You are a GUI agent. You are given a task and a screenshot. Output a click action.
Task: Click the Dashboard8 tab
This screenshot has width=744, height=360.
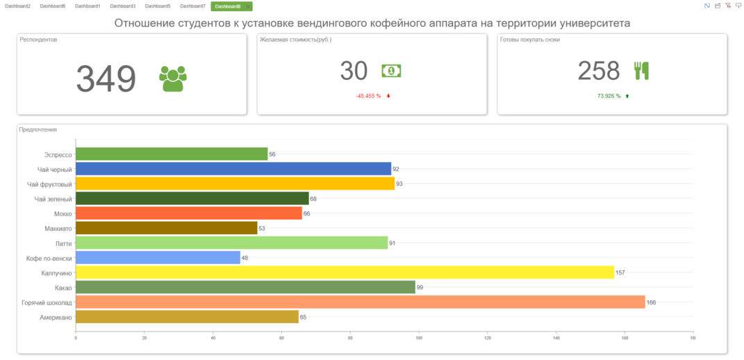(228, 6)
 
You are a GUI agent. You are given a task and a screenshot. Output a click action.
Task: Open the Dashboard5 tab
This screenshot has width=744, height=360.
(158, 6)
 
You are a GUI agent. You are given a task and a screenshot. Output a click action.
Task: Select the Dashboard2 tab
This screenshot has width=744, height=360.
(17, 6)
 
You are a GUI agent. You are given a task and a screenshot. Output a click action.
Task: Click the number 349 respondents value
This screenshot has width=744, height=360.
(106, 79)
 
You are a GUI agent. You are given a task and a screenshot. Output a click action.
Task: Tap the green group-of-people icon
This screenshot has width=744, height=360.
(172, 79)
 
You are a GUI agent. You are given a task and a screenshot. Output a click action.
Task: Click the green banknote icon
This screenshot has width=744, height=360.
(391, 71)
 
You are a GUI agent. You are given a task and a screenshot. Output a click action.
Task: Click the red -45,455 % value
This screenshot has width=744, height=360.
(368, 96)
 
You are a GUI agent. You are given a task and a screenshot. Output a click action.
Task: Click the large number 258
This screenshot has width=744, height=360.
(598, 71)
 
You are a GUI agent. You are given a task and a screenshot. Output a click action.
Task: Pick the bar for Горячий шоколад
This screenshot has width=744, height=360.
(360, 302)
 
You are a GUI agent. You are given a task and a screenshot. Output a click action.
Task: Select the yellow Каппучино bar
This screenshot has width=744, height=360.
(345, 272)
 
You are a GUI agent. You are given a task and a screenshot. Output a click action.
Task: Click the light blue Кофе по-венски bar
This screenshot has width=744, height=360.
(158, 258)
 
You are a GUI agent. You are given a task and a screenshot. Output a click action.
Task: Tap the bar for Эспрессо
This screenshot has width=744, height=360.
(171, 154)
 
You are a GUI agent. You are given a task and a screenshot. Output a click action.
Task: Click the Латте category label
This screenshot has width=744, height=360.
(64, 243)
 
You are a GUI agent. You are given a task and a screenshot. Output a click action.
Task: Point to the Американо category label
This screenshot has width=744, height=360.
(56, 318)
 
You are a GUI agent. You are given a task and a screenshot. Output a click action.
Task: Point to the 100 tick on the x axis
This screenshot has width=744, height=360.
(419, 338)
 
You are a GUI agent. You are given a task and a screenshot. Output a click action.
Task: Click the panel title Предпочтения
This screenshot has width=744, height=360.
(38, 130)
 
